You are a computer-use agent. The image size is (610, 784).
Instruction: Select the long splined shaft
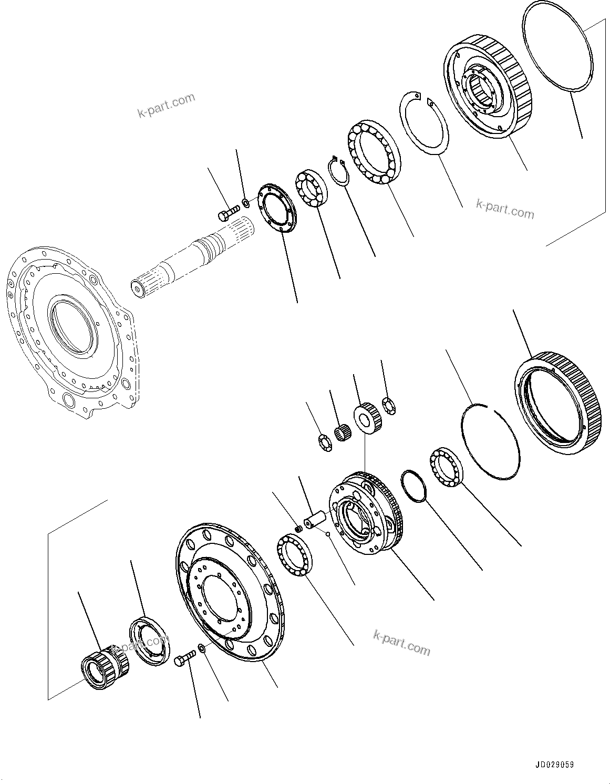(x=192, y=256)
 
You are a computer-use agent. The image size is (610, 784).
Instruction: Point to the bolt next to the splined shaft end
(x=224, y=214)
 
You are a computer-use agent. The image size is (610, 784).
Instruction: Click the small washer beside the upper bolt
(x=246, y=202)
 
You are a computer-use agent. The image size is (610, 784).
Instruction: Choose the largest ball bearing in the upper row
(x=374, y=153)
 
